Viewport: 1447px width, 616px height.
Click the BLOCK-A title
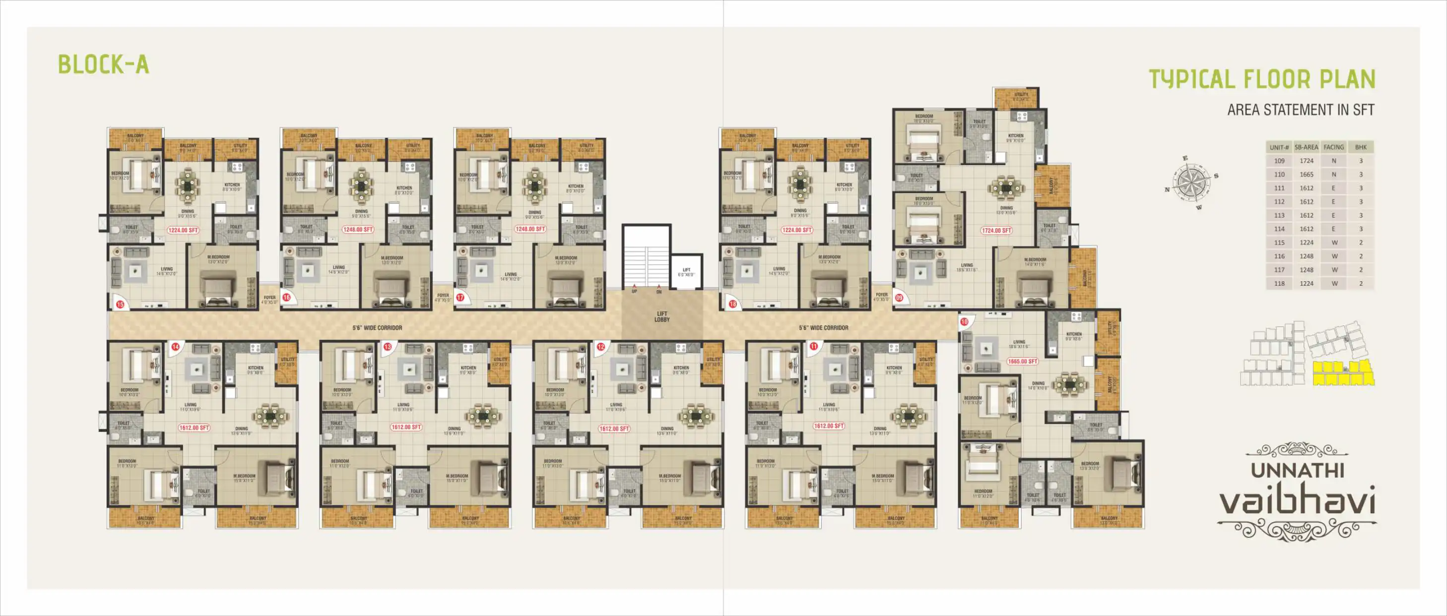click(x=104, y=64)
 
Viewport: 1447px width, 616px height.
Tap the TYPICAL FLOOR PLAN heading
click(x=1261, y=79)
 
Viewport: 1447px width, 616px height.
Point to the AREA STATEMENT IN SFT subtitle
click(x=1301, y=110)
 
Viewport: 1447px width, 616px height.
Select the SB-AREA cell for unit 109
click(x=1306, y=161)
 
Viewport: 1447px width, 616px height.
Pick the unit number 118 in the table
click(x=1279, y=284)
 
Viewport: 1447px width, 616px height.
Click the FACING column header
click(x=1333, y=147)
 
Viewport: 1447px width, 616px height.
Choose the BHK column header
click(x=1361, y=147)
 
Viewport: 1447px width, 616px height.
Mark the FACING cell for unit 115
click(x=1334, y=243)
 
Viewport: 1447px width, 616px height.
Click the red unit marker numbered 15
click(x=120, y=305)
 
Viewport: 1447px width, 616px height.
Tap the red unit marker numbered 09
click(x=899, y=298)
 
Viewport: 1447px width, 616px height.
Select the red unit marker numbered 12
click(x=600, y=347)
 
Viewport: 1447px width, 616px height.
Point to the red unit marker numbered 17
click(x=460, y=298)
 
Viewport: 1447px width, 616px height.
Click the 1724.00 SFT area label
click(x=996, y=230)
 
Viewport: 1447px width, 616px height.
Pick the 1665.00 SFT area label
click(x=1022, y=361)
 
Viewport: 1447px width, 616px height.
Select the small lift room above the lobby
click(x=686, y=272)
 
